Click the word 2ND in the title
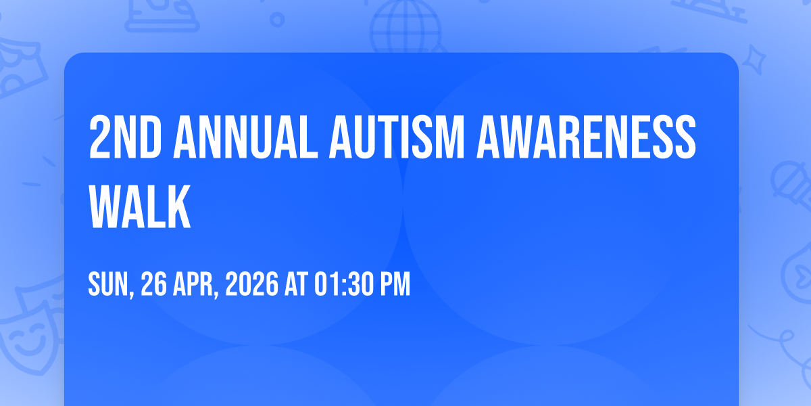click(x=125, y=137)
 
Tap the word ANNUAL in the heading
click(x=245, y=137)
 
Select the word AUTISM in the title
click(x=397, y=137)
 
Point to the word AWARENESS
click(x=586, y=137)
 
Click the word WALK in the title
click(x=140, y=206)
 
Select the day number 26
click(x=154, y=285)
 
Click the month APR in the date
click(x=194, y=285)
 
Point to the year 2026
click(x=252, y=285)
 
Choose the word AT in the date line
click(x=296, y=285)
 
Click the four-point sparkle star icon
click(x=754, y=60)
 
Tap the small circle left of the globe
click(x=277, y=20)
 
